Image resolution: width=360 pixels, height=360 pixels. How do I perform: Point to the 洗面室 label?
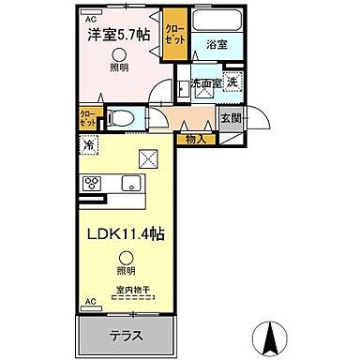(203, 83)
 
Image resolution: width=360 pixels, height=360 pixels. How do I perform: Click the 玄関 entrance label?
(230, 118)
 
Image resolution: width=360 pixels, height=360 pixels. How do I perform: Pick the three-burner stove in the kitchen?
(94, 183)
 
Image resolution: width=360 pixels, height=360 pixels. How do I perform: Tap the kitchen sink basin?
(130, 183)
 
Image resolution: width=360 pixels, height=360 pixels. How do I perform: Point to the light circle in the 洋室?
(119, 56)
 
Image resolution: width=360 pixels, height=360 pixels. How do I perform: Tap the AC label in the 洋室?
(90, 18)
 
